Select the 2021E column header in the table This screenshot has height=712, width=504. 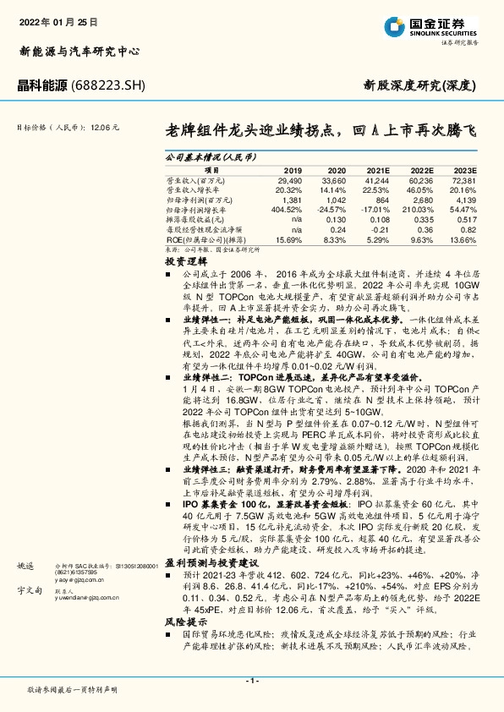(x=376, y=171)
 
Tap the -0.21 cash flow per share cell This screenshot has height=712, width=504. (x=380, y=229)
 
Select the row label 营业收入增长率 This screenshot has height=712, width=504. (x=195, y=190)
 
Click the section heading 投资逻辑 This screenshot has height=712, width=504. (x=180, y=261)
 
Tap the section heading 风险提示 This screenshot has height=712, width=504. (x=180, y=620)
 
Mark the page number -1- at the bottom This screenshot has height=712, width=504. (x=252, y=681)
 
